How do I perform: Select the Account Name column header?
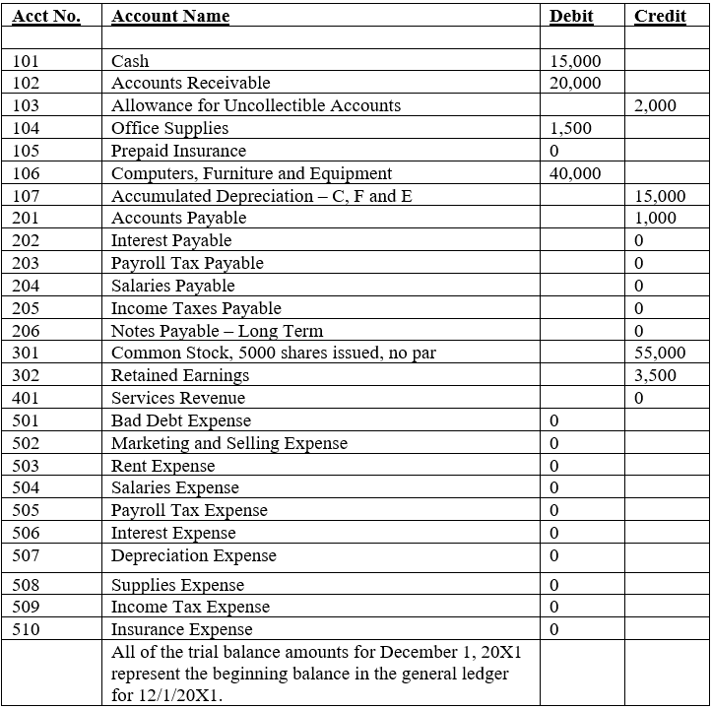[170, 17]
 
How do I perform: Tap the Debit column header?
[571, 17]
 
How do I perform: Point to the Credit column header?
[660, 17]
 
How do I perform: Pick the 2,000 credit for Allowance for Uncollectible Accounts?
[656, 106]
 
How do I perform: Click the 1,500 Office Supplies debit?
[570, 129]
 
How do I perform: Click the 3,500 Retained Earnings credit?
[656, 376]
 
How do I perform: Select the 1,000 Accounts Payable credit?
[656, 219]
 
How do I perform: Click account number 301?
[27, 354]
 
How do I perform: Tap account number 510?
[27, 630]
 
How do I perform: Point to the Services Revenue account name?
[178, 399]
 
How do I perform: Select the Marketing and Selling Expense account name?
[228, 444]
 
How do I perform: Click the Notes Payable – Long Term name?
[217, 332]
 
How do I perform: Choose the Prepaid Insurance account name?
[178, 152]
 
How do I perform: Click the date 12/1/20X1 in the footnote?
[184, 696]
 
